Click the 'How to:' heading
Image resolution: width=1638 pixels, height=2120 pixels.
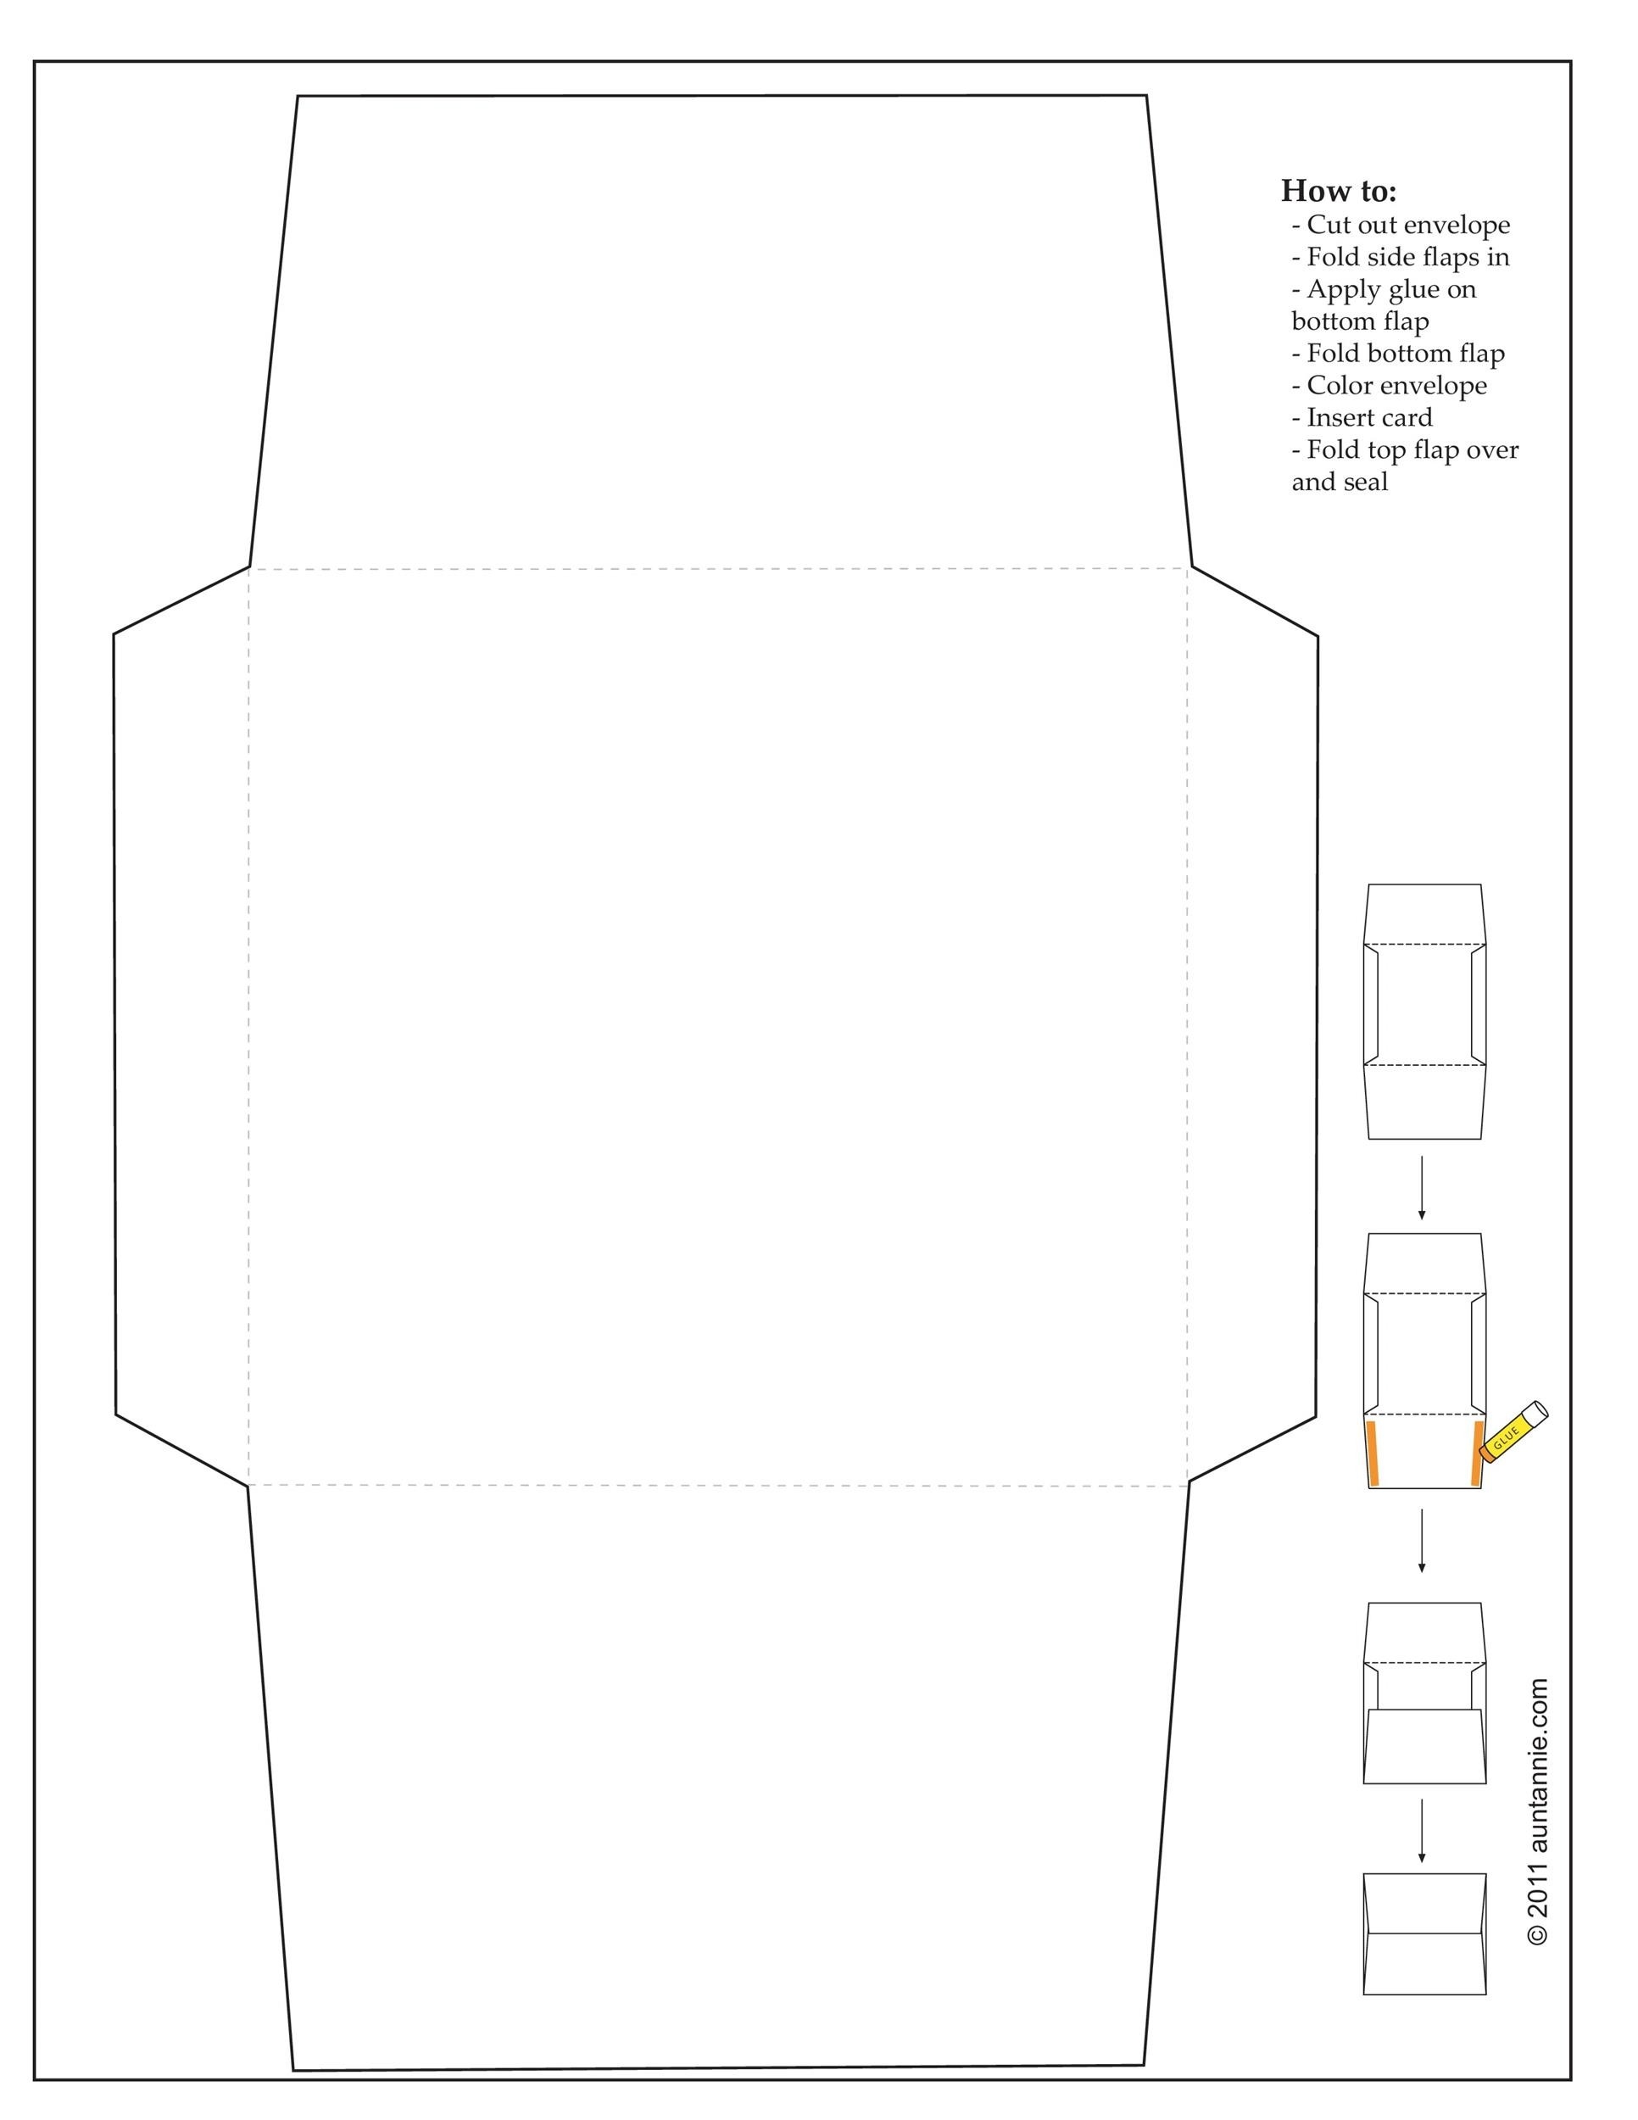[1338, 190]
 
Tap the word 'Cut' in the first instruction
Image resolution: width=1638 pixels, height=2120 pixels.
[1329, 226]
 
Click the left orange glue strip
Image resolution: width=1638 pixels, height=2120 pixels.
[1373, 1453]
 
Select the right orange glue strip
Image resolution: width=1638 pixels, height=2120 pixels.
[1476, 1453]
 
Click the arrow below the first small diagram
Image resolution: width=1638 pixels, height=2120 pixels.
[1422, 1186]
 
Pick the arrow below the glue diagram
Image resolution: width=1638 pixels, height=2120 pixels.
[1422, 1539]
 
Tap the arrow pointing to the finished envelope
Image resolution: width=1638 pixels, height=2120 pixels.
[1422, 1831]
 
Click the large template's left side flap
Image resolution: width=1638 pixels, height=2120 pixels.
[181, 1024]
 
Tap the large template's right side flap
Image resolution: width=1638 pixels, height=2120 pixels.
[1251, 1024]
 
